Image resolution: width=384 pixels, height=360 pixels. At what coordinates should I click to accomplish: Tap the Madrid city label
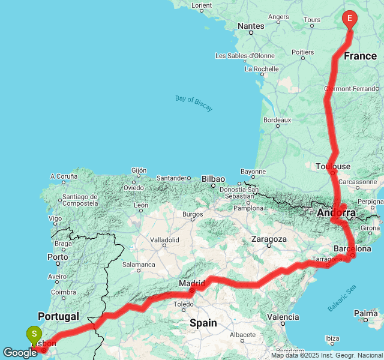192,283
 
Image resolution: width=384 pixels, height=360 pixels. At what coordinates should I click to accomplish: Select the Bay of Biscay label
194,103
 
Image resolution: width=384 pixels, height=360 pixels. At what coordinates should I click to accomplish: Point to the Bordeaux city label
277,120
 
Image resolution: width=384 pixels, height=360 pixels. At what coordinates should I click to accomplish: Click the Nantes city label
251,26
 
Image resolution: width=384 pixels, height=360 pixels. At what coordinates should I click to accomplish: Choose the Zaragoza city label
269,239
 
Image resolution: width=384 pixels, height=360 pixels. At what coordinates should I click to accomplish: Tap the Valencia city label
282,317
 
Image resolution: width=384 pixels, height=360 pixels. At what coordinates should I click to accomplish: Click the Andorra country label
337,213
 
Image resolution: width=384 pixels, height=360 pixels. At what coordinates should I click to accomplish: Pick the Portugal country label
58,316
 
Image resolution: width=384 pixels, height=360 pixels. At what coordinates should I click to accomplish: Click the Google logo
20,353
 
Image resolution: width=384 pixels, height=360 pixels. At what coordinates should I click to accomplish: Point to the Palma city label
365,313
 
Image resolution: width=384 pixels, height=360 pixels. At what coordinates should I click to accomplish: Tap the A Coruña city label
64,176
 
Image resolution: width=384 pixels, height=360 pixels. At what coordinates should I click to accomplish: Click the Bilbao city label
213,179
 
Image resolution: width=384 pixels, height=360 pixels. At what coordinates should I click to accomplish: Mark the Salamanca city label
139,264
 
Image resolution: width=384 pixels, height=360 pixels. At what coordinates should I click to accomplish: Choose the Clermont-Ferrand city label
351,89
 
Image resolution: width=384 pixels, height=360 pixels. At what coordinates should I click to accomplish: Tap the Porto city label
58,257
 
